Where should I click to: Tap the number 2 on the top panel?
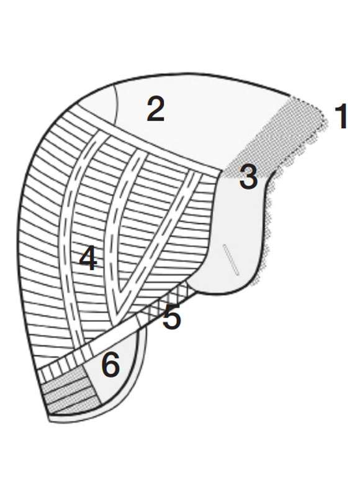click(x=156, y=109)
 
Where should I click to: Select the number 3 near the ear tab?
click(x=248, y=178)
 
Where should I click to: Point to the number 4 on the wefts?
click(x=88, y=259)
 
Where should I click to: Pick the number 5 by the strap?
click(x=172, y=316)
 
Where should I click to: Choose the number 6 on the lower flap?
click(x=110, y=365)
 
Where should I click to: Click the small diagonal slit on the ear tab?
click(x=231, y=260)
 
